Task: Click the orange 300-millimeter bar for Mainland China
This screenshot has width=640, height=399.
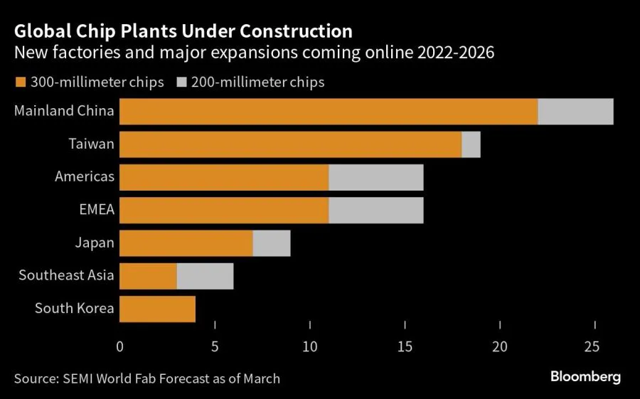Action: click(329, 112)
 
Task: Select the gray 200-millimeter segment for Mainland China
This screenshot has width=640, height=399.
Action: click(575, 112)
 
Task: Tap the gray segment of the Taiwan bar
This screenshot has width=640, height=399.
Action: click(471, 144)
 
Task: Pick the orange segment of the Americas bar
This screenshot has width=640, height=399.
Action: click(224, 177)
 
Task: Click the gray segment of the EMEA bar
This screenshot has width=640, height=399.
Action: click(376, 211)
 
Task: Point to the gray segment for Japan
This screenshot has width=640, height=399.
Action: click(272, 243)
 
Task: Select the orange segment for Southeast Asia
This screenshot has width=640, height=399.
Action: click(148, 276)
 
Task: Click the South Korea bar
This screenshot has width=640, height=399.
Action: click(157, 309)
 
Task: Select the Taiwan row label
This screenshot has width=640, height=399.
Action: click(91, 144)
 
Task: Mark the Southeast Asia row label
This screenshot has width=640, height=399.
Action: click(66, 276)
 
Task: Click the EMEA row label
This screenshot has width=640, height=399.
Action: click(97, 211)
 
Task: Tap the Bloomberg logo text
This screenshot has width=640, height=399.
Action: click(585, 377)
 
